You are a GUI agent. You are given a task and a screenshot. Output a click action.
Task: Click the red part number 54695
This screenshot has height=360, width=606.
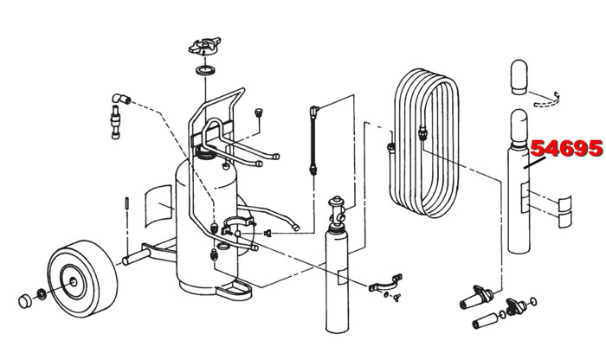(x=566, y=149)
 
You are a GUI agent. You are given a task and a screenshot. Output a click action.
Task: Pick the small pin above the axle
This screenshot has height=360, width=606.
(x=128, y=204)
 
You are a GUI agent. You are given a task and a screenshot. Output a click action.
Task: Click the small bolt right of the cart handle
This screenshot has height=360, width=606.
(x=257, y=113)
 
